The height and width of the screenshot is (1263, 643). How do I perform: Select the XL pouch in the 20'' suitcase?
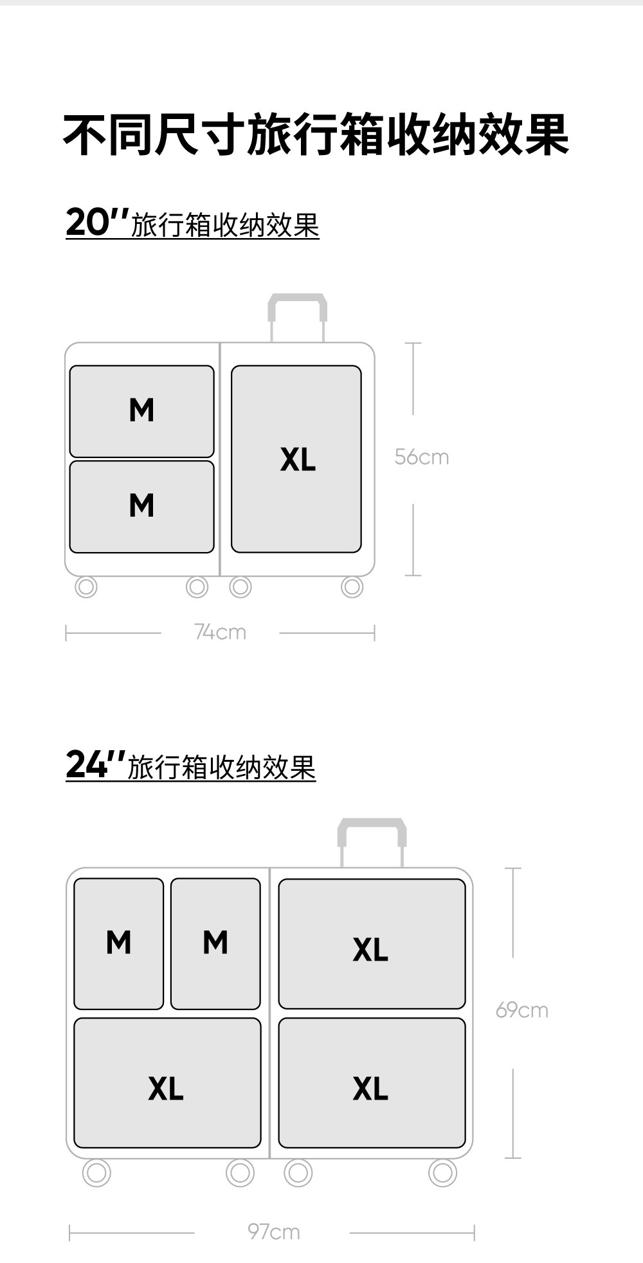click(x=296, y=459)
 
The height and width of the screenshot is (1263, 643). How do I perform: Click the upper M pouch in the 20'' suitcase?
click(x=141, y=411)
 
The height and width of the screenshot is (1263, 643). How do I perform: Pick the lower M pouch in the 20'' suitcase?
click(x=141, y=506)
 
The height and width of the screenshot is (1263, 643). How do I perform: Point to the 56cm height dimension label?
click(x=422, y=457)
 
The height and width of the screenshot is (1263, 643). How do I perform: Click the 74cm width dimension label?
click(x=220, y=632)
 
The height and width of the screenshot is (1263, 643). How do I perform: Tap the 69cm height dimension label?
click(x=521, y=1010)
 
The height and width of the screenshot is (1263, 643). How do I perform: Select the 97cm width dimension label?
click(x=274, y=1232)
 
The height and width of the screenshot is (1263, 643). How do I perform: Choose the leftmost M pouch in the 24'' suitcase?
click(x=119, y=943)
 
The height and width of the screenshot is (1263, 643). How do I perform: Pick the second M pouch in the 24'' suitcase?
click(x=215, y=943)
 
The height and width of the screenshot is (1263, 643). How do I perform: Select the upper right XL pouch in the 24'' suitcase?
click(x=372, y=943)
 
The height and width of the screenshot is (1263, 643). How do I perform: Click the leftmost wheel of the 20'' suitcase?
click(x=86, y=587)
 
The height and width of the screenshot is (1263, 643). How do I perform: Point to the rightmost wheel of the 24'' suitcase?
click(x=442, y=1173)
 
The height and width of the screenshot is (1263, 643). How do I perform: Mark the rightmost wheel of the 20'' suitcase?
click(x=352, y=587)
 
